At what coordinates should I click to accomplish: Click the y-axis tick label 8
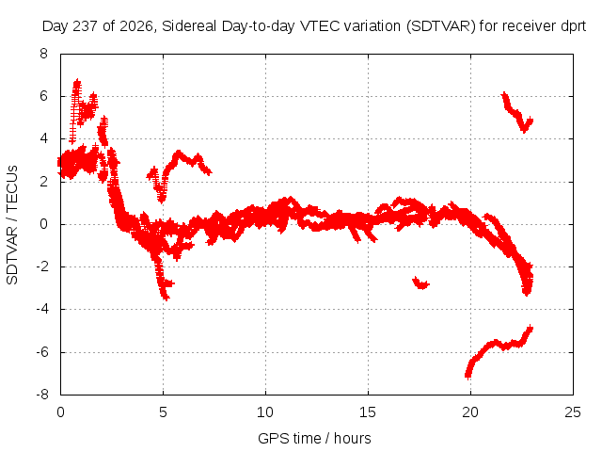[43, 54]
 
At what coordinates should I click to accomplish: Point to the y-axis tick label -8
[42, 395]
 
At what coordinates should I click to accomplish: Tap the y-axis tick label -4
[42, 309]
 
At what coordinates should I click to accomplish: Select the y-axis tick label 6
[43, 96]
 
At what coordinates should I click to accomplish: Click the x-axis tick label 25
[573, 412]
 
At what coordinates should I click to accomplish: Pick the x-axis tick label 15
[368, 412]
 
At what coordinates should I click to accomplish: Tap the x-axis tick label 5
[163, 412]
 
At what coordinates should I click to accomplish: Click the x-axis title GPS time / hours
[314, 438]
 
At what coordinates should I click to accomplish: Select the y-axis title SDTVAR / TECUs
[12, 225]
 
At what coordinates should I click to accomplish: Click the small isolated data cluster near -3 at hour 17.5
[420, 283]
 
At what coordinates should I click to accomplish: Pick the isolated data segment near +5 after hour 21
[516, 113]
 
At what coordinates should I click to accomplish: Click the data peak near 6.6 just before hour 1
[77, 83]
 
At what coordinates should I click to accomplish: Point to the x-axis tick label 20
[470, 412]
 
